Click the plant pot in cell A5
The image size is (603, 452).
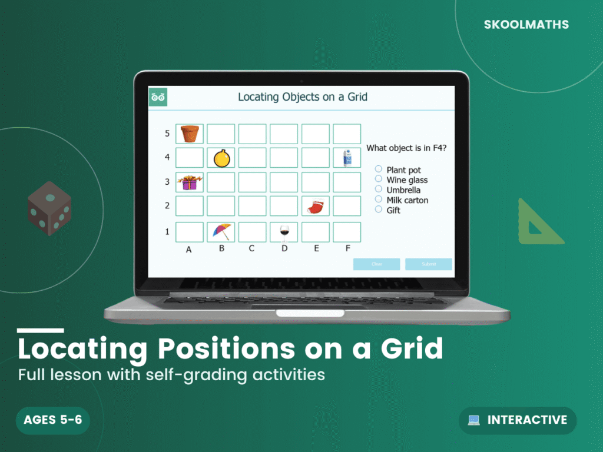190,134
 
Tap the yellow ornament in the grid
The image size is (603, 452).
221,158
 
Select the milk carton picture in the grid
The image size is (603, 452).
347,158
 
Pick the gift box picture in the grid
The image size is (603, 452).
189,182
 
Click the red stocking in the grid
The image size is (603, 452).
315,206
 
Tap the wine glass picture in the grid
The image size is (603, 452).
284,232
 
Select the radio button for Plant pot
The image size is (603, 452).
379,169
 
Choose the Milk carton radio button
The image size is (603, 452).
379,199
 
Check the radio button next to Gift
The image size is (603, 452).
379,209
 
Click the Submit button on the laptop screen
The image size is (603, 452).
429,264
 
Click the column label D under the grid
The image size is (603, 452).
284,248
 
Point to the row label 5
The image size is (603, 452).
167,134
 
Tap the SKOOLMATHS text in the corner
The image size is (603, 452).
526,25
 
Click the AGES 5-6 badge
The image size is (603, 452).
52,420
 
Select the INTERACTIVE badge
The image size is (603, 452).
518,420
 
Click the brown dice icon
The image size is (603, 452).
49,208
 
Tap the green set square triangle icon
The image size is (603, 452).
537,224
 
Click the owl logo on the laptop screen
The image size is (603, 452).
158,97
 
